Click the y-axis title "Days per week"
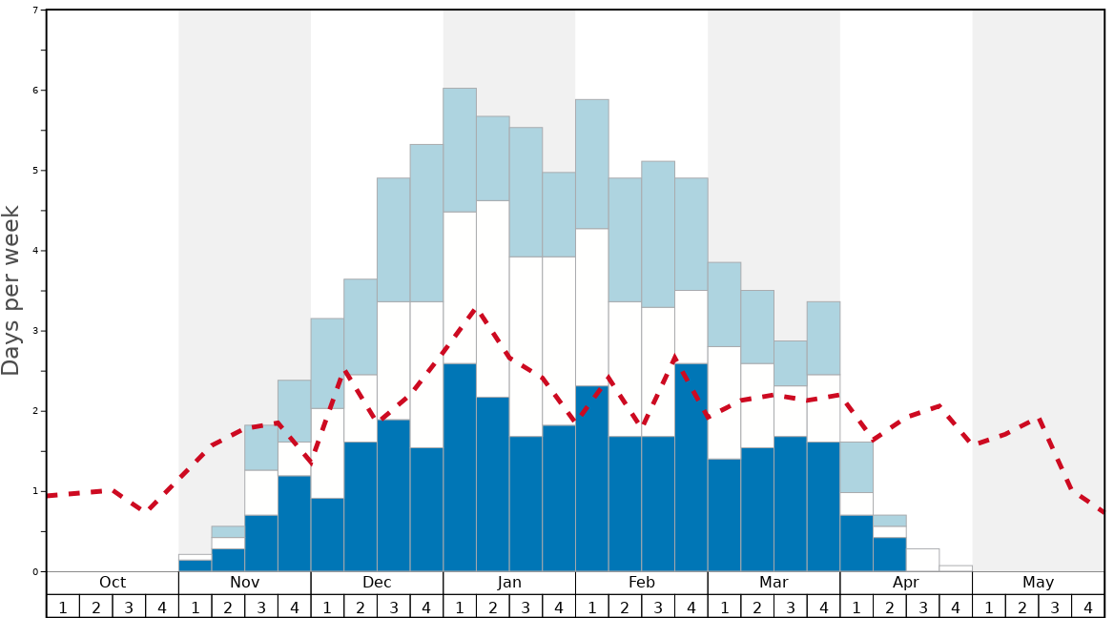(11, 290)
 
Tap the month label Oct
(113, 583)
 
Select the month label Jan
(509, 583)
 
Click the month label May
(1039, 583)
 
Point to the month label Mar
(774, 583)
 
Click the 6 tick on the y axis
(35, 91)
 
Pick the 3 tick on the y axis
(35, 331)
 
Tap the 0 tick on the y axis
(35, 572)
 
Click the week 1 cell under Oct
(63, 607)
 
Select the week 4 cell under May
(1088, 607)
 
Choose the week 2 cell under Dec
(361, 607)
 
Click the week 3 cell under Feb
(658, 607)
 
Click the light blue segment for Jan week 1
(460, 150)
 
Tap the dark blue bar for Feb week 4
(691, 467)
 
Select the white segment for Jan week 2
(493, 299)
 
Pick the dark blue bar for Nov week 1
(196, 566)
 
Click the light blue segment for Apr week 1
(856, 467)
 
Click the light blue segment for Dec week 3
(394, 240)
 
